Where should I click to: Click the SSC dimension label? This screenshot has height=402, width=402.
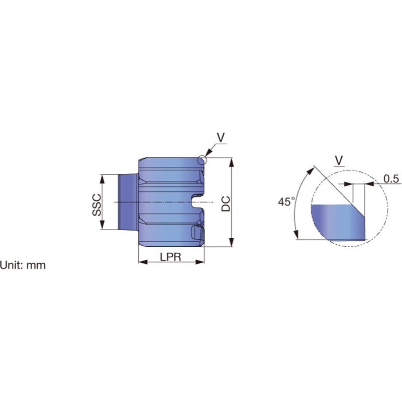[x=97, y=205]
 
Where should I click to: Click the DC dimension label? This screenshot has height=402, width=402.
[x=226, y=204]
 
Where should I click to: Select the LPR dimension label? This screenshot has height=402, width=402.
[x=170, y=257]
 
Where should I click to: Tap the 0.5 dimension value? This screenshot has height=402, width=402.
[x=391, y=179]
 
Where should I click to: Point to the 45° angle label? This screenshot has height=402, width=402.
[x=285, y=202]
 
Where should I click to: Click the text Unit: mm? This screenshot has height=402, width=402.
[x=23, y=265]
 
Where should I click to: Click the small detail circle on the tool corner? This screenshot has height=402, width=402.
[x=202, y=160]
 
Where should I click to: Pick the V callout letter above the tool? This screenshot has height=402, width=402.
[x=221, y=137]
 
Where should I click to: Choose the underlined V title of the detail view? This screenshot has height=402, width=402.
[x=339, y=161]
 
